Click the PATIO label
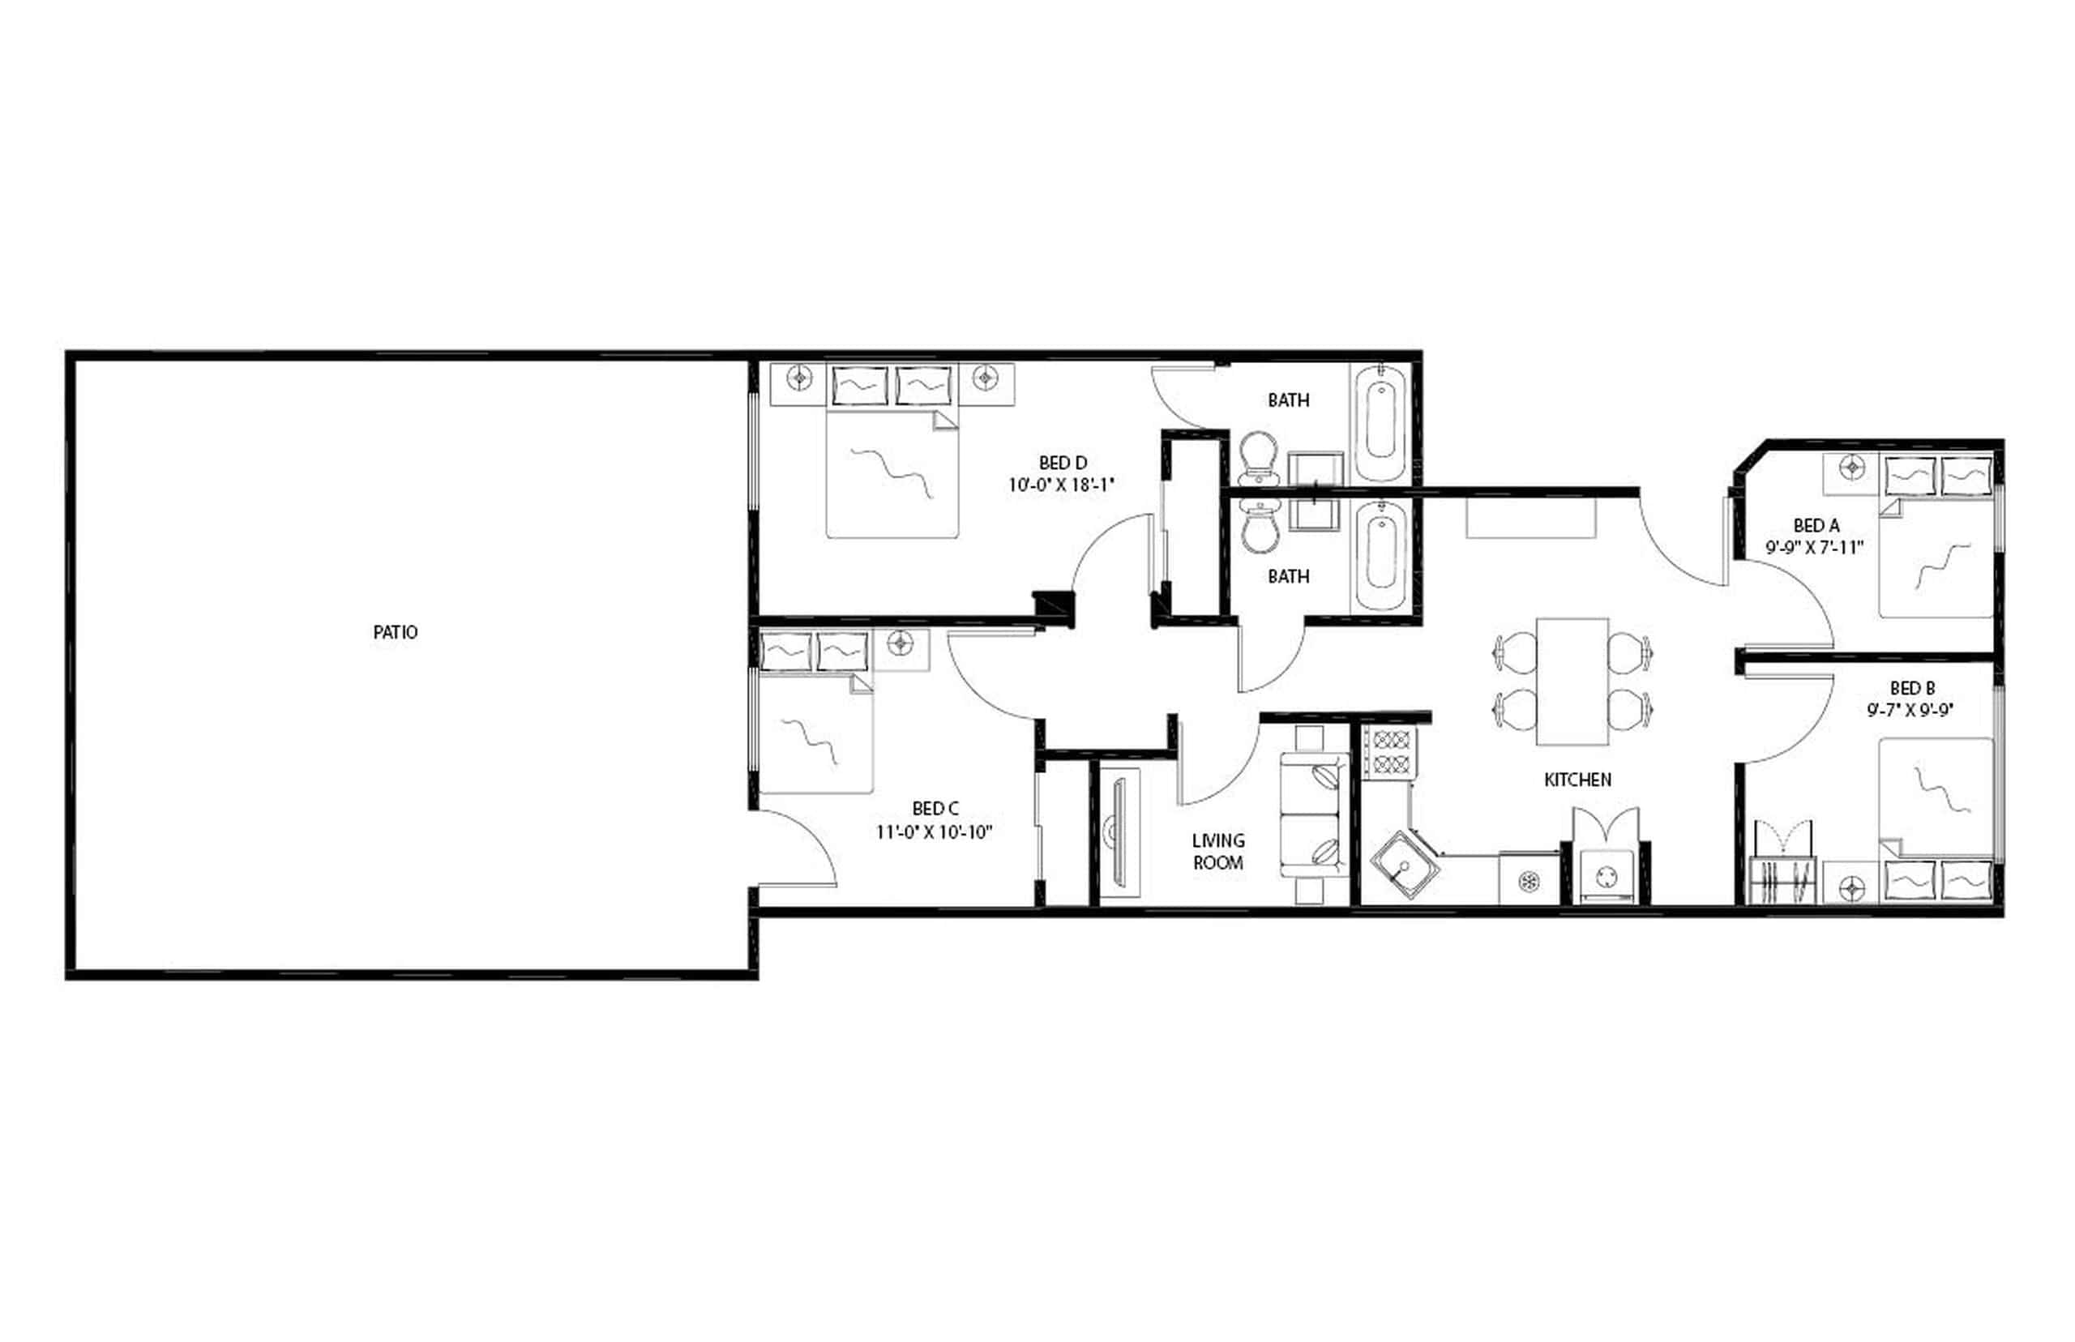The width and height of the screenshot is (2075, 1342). [395, 632]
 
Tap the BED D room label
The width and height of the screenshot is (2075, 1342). [1063, 463]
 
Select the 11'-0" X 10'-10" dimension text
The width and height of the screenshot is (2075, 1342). [935, 832]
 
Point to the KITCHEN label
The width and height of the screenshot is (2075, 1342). [1577, 779]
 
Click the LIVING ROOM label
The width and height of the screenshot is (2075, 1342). [1217, 852]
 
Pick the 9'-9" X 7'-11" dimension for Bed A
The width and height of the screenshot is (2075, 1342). [1816, 547]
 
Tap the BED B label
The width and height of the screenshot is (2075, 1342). [1912, 687]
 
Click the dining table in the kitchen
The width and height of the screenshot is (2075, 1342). [1572, 682]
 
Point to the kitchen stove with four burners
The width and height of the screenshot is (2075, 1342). [1390, 753]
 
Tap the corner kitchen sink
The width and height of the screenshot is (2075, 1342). [1403, 864]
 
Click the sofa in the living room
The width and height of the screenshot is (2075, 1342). [1314, 814]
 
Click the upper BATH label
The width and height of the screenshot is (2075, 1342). [1288, 400]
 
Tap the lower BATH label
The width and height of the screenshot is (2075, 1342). [1288, 576]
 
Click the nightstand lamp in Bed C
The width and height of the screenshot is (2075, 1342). [900, 644]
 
